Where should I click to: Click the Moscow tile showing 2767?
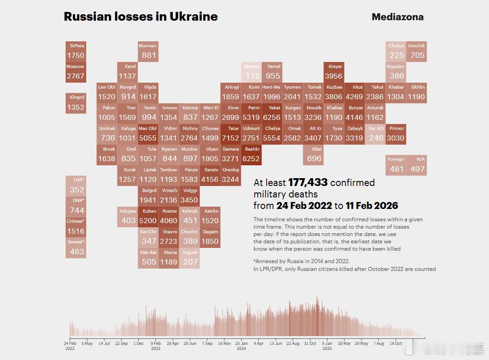(76, 72)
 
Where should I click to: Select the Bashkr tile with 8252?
(251, 155)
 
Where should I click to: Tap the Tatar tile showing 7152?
(230, 134)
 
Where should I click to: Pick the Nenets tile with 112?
(252, 72)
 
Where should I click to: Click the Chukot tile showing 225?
(396, 51)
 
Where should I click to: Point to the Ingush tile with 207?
(190, 258)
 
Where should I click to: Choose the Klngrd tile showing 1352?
(76, 103)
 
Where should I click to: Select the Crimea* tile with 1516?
(76, 227)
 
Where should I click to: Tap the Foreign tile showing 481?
(396, 165)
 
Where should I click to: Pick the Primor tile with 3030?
(395, 134)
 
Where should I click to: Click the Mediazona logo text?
(397, 17)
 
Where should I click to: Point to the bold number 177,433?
(308, 183)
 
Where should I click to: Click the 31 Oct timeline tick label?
(310, 343)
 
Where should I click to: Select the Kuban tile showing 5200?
(149, 217)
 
